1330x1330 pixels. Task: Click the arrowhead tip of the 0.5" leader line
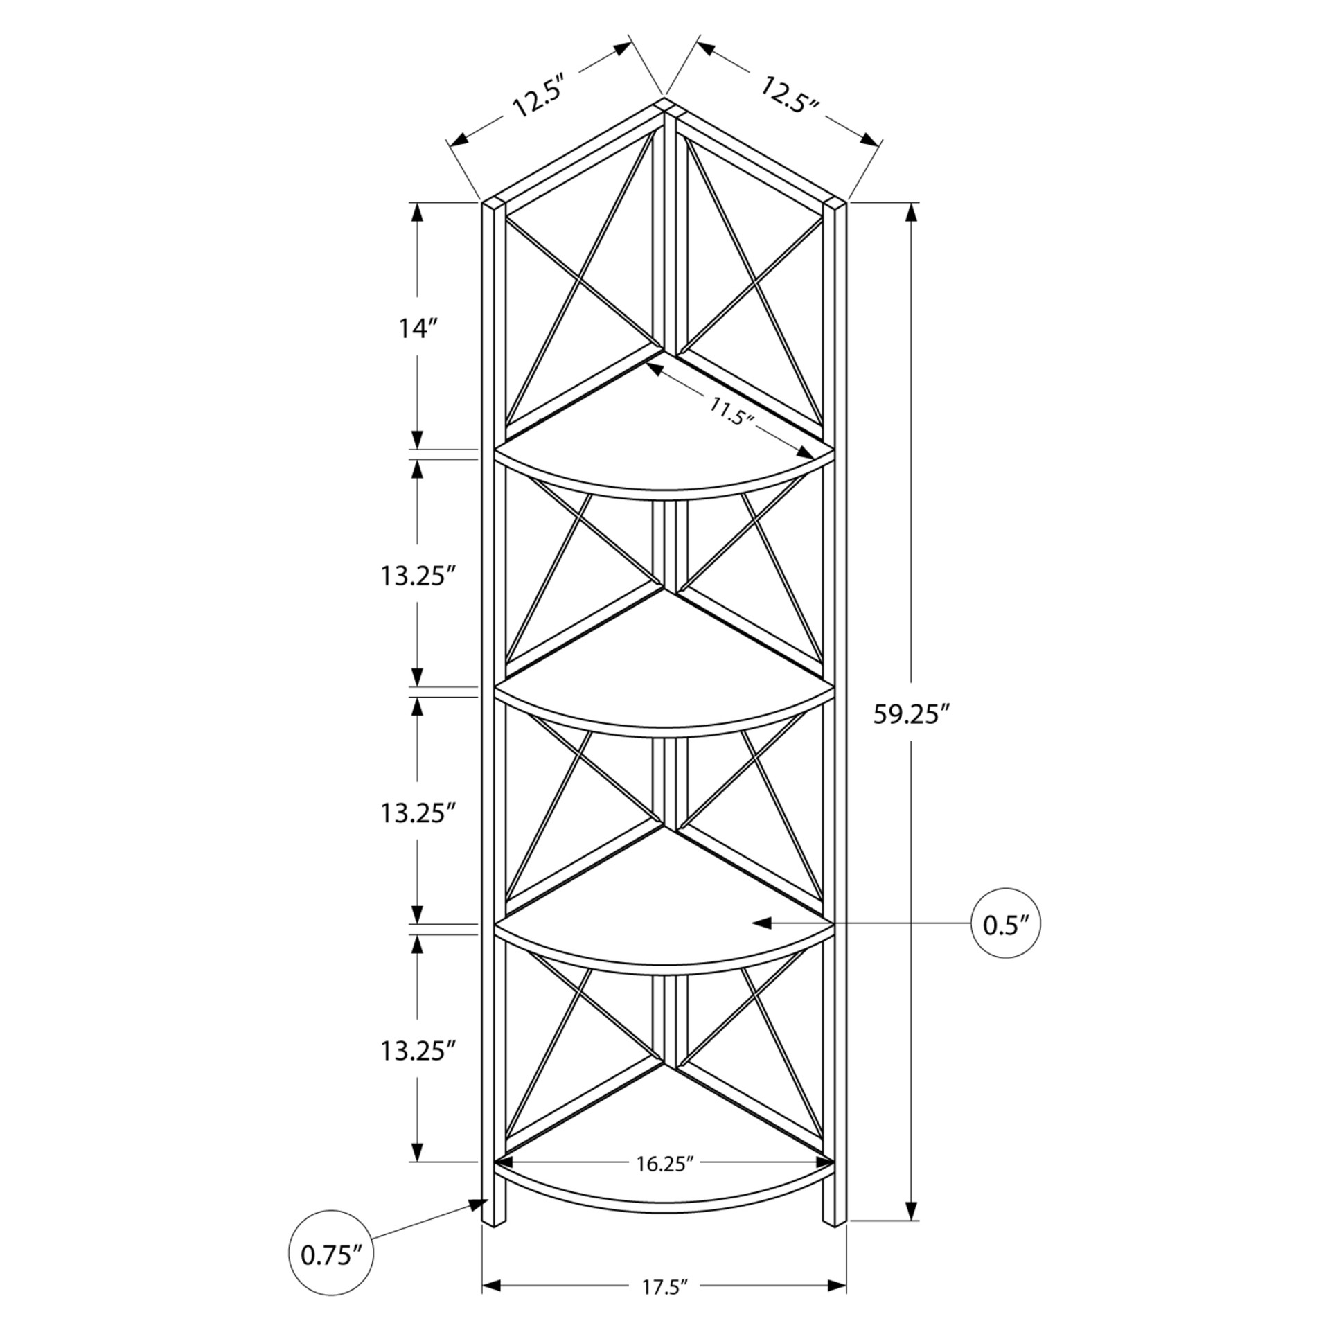753,923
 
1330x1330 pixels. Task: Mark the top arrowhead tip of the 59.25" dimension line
912,203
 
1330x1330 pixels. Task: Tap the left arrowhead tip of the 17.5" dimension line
482,1286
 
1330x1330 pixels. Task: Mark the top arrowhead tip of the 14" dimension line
417,203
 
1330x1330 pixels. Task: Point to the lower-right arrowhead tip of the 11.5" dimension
815,457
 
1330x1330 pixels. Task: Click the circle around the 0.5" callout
1006,923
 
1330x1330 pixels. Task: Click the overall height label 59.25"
910,714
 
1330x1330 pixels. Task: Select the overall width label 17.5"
664,1287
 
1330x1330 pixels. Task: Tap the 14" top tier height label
420,328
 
